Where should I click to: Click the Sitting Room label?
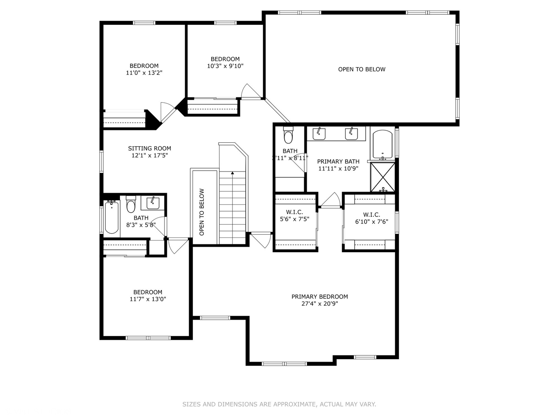(149, 148)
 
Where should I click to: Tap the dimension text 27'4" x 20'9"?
(319, 304)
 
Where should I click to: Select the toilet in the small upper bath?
(288, 136)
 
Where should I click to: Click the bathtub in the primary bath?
(382, 144)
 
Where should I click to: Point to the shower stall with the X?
(383, 177)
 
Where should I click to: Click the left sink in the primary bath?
(319, 133)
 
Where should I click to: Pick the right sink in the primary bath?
(351, 133)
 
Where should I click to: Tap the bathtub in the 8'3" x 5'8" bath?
(111, 217)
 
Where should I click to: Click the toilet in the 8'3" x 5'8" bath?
(131, 206)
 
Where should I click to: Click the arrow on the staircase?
(233, 173)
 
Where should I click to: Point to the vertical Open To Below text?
(202, 212)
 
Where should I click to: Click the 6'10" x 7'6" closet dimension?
(372, 222)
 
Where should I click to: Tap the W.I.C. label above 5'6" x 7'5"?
(294, 212)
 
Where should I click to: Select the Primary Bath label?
(338, 161)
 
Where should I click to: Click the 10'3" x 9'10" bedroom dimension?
(225, 66)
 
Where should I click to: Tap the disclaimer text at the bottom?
(279, 404)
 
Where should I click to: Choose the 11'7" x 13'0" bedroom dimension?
(148, 299)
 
